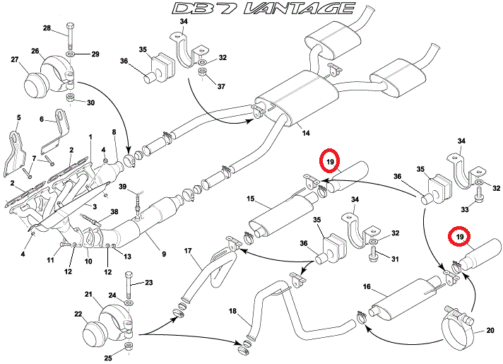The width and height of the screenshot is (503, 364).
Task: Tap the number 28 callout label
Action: tap(47, 28)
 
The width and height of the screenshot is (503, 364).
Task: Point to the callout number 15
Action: tap(249, 201)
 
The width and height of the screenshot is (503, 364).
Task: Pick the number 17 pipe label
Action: tap(189, 250)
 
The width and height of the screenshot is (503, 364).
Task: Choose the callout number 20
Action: tap(490, 329)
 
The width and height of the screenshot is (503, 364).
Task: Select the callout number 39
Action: tap(123, 187)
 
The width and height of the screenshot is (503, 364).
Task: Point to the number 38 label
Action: tap(114, 211)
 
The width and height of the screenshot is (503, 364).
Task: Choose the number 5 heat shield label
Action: tap(18, 117)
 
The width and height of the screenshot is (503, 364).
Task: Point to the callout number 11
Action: tap(50, 262)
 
